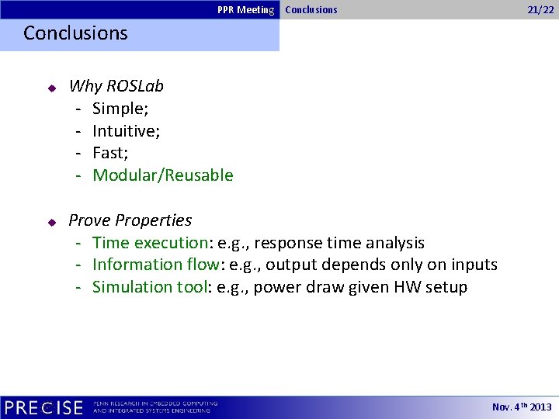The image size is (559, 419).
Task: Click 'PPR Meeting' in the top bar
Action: coord(245,10)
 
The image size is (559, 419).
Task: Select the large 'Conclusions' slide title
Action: coord(75,33)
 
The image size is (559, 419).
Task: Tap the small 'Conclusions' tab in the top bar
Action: coord(311,10)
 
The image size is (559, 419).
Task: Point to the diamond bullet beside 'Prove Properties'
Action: coord(51,222)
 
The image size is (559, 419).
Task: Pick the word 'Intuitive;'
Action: coord(127,130)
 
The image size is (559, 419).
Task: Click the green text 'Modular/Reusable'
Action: coord(163,175)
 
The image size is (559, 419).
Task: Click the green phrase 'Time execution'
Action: coord(147,243)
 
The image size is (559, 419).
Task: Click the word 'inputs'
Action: coord(474,265)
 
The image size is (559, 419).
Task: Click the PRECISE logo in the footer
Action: coord(43,407)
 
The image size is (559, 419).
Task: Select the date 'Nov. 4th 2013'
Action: coord(522,407)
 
